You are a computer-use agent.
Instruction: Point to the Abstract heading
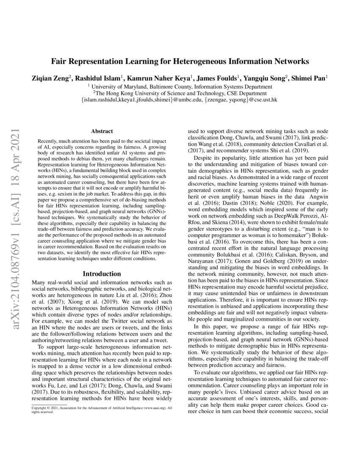tap(102, 132)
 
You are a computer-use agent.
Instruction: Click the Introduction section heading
tap(102, 274)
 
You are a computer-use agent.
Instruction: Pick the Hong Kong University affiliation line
tap(180, 93)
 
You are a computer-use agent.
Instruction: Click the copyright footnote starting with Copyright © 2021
tap(102, 410)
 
